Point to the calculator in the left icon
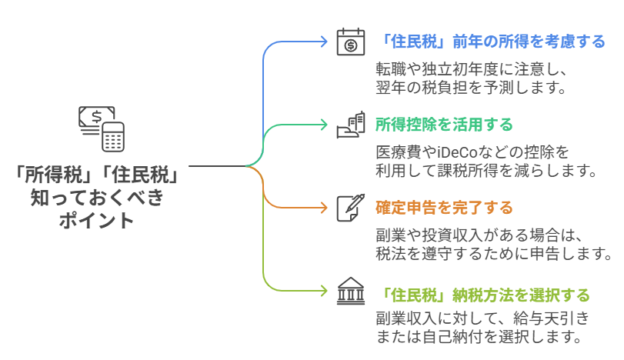pos(113,137)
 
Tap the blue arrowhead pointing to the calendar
pos(324,42)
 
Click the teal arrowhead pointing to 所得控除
pos(324,125)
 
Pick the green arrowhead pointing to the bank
pos(324,292)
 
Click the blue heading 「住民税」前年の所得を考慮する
pos(492,42)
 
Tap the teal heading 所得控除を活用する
pos(443,125)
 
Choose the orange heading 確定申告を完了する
pos(443,208)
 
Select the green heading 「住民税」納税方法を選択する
pos(485,295)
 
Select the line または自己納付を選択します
pos(477,336)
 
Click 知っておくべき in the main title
pos(97,198)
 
